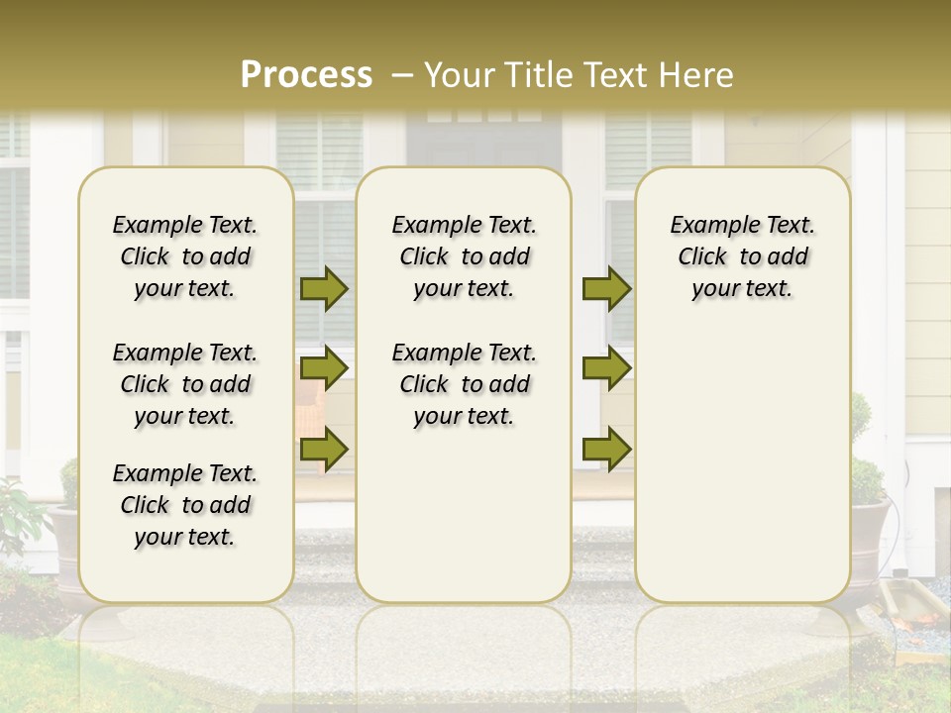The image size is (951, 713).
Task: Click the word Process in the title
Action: pos(306,75)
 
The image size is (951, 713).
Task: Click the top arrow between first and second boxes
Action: pos(324,289)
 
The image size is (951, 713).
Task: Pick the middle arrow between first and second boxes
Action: pos(324,368)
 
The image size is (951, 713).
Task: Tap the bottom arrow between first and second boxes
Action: pos(324,449)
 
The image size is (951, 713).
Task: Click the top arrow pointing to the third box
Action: pos(606,289)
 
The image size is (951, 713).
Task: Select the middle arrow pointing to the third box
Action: pos(606,368)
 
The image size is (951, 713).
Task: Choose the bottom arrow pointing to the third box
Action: pos(606,449)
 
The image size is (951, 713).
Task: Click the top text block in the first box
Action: pos(185,256)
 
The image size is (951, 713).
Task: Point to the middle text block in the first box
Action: pos(185,384)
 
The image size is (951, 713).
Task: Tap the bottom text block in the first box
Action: pos(185,505)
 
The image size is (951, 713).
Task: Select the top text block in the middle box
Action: pos(464,256)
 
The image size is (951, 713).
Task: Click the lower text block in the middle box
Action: pos(464,384)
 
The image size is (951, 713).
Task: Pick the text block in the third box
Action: pos(742,256)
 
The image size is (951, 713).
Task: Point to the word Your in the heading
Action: pos(458,75)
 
